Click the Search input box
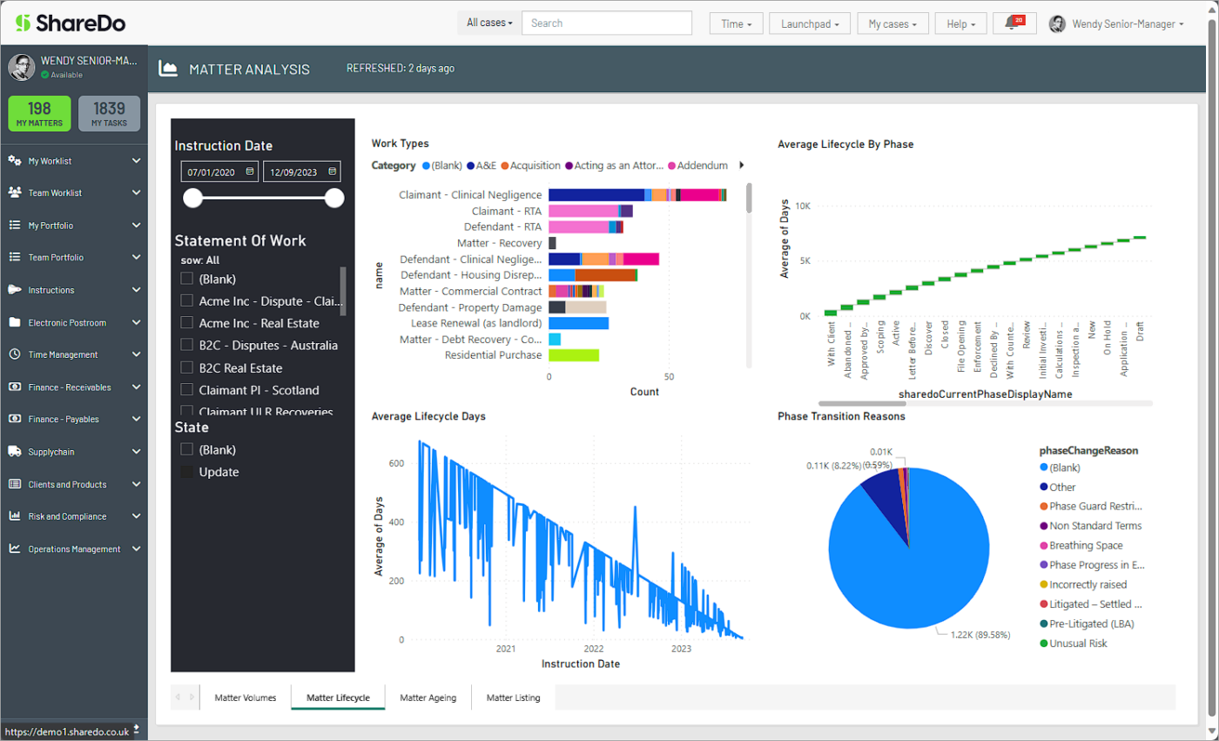(606, 23)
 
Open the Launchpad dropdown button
(809, 24)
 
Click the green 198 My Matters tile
(39, 113)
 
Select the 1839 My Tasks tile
(110, 113)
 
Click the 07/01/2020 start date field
(219, 172)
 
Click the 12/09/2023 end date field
(301, 172)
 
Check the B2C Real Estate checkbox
(186, 367)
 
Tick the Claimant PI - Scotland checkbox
(186, 390)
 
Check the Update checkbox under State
(186, 472)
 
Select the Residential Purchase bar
(573, 355)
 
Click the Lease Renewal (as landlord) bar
(578, 323)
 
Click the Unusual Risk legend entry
(1077, 643)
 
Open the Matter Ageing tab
(428, 697)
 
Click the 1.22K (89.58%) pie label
(975, 636)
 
